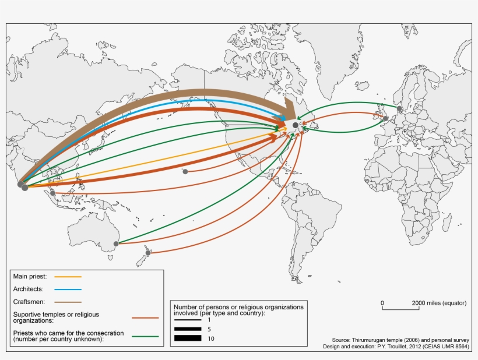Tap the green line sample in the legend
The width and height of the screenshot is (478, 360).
(x=145, y=337)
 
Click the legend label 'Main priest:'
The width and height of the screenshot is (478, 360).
(x=30, y=276)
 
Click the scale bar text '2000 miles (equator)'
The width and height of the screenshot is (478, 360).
(x=438, y=303)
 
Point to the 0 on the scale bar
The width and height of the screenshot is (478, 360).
(x=383, y=303)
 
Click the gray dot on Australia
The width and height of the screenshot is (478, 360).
(x=116, y=243)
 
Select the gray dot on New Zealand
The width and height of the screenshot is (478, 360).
(x=148, y=253)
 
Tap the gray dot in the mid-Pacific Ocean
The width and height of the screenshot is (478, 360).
(x=185, y=171)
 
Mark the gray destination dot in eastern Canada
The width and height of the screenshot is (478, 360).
(x=296, y=125)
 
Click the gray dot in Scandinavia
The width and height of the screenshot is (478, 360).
(x=399, y=108)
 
